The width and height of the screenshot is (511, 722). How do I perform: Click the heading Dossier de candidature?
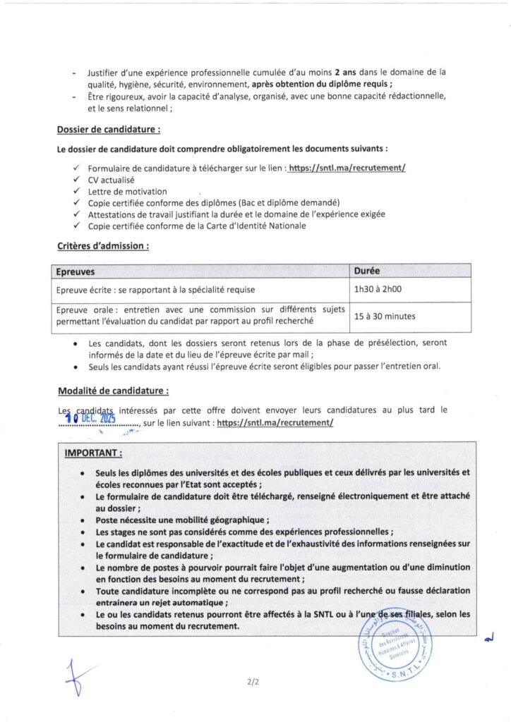109,129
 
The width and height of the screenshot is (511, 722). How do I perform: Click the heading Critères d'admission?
102,246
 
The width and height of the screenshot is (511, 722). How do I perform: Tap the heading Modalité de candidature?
113,391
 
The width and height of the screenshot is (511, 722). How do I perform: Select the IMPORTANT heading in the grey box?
94,452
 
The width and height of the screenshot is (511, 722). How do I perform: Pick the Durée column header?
368,271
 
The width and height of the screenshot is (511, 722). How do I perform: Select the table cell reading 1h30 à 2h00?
378,289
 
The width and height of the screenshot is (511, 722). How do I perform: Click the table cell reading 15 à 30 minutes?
385,317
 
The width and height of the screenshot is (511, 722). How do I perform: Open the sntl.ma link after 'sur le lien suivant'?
275,422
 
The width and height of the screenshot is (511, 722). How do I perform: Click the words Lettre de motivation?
127,191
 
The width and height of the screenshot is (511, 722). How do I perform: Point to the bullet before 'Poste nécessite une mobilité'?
84,520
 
